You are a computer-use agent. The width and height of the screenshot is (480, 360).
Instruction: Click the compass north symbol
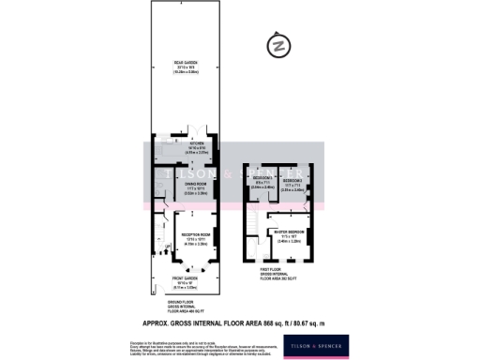(x=277, y=44)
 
